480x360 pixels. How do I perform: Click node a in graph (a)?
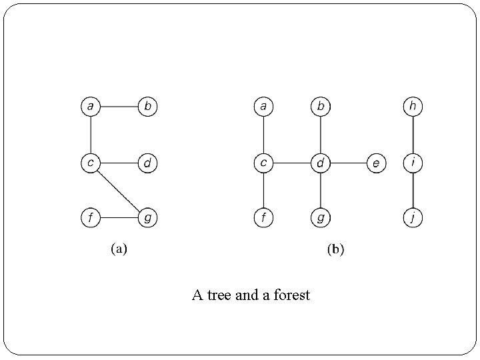pos(90,106)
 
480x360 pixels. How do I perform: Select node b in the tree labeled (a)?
pos(147,106)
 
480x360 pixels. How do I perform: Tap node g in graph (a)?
pos(147,217)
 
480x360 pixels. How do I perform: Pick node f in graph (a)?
pos(90,217)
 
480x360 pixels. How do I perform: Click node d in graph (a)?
pos(147,162)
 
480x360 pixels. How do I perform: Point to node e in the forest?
pos(376,162)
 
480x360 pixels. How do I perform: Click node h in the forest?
pos(413,106)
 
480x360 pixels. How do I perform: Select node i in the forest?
pos(413,162)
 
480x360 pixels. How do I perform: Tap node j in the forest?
pos(413,217)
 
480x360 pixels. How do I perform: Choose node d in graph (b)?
pos(321,162)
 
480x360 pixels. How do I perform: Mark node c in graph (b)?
pos(264,162)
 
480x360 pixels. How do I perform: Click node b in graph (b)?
pos(321,106)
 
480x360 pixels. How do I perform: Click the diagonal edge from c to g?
pos(119,190)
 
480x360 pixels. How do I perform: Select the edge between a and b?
pos(119,106)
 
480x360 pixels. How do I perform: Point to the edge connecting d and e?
pos(349,162)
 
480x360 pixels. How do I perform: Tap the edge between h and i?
pos(413,134)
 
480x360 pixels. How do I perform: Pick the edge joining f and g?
pos(119,217)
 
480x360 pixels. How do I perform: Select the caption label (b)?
pos(335,250)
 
